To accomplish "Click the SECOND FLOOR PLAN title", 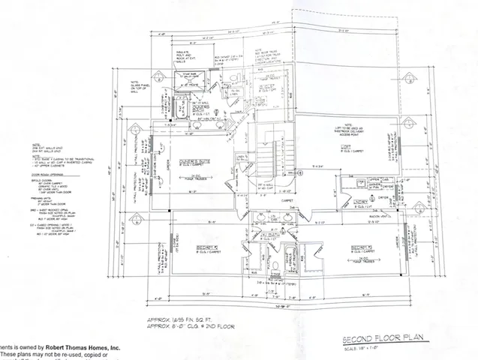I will [380, 338].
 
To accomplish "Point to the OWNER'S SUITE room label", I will [193, 160].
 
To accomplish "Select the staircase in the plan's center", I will [269, 160].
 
